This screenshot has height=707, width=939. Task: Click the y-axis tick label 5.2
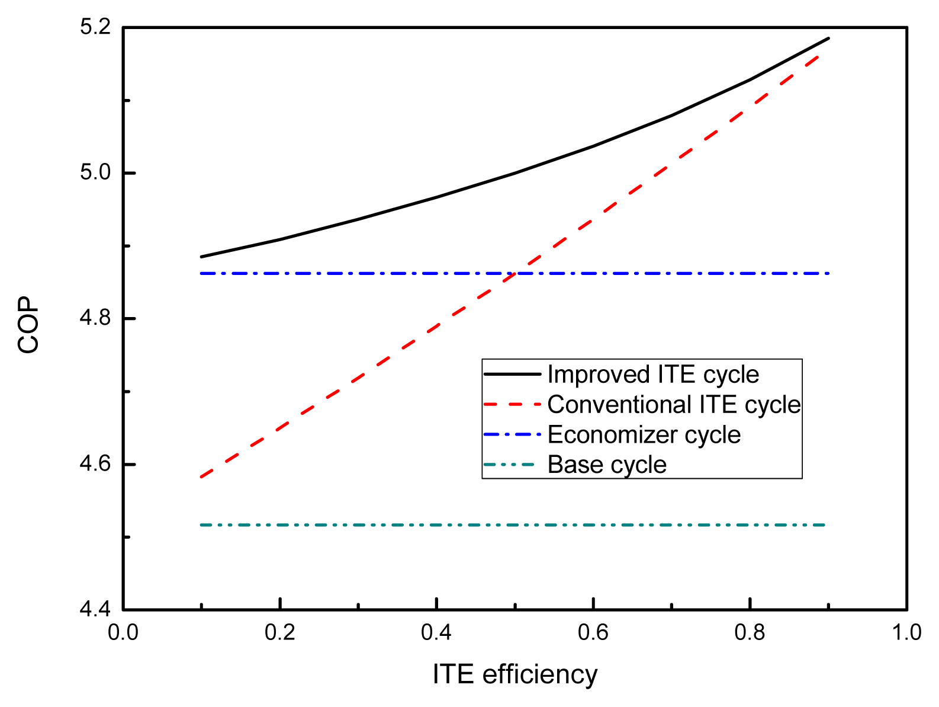point(95,27)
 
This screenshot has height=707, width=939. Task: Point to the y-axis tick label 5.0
point(95,173)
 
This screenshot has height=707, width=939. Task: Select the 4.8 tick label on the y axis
point(95,319)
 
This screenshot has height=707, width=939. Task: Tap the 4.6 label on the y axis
point(95,464)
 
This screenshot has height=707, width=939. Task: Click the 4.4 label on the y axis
point(95,609)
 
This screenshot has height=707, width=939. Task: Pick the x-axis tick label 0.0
point(123,633)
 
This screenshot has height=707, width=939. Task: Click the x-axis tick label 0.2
point(279,633)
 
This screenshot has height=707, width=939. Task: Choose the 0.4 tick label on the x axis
point(436,633)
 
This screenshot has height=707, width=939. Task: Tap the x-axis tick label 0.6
point(593,633)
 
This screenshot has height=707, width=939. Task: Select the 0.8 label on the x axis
point(750,633)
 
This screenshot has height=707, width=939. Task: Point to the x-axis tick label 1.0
point(906,633)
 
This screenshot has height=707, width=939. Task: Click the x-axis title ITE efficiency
point(515,674)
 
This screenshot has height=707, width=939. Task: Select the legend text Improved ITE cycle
point(653,375)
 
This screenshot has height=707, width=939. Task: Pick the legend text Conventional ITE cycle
point(674,405)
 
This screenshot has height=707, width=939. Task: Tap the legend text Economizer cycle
point(644,435)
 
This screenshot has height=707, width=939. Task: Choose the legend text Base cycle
point(607,465)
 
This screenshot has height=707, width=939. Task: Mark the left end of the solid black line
point(202,257)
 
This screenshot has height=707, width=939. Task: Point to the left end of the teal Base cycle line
point(202,525)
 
